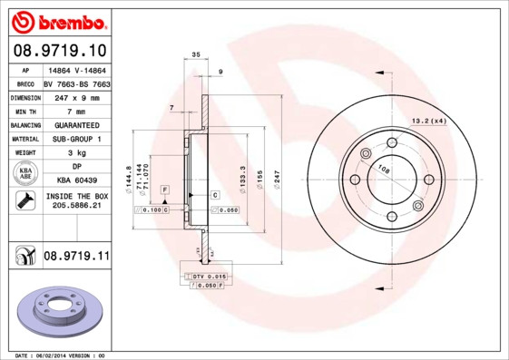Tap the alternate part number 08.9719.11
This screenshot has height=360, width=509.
click(75, 258)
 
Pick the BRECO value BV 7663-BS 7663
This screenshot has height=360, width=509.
click(76, 83)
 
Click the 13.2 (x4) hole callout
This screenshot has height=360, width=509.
click(428, 121)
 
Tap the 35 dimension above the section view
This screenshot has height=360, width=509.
click(196, 56)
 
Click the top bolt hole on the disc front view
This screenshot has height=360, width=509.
click(392, 142)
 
